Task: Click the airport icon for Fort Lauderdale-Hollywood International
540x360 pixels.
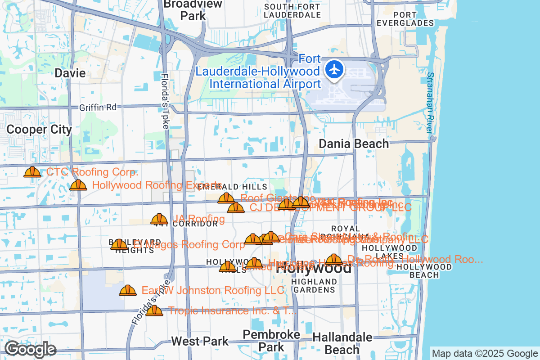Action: point(334,70)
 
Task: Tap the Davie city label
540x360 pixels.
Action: point(70,73)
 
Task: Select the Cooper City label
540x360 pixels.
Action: point(39,130)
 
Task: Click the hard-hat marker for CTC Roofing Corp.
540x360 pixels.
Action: point(32,172)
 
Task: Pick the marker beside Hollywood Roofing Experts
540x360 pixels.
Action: point(79,185)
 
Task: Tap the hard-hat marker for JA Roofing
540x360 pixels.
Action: point(159,219)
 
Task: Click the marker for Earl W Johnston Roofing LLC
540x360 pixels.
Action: point(128,290)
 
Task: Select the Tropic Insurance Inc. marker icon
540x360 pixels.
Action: point(154,310)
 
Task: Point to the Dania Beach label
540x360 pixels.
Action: point(354,144)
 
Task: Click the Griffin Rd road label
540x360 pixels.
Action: point(98,107)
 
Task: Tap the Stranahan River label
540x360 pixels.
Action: point(430,103)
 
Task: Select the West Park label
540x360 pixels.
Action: point(200,341)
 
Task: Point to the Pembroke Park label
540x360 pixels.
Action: point(271,341)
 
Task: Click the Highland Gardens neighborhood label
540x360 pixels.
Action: point(314,285)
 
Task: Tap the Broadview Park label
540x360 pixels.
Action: point(193,10)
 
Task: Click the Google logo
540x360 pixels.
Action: point(30,349)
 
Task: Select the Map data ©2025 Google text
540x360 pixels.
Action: point(484,353)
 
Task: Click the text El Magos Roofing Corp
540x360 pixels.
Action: point(189,244)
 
